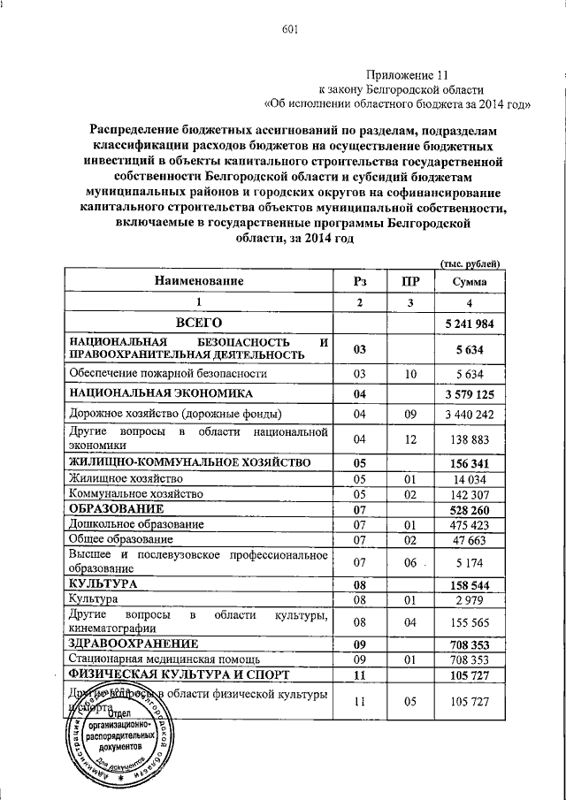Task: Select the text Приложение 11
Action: coord(405,76)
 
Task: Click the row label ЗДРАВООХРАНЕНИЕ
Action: coord(131,644)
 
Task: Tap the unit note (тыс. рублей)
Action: coord(470,262)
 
